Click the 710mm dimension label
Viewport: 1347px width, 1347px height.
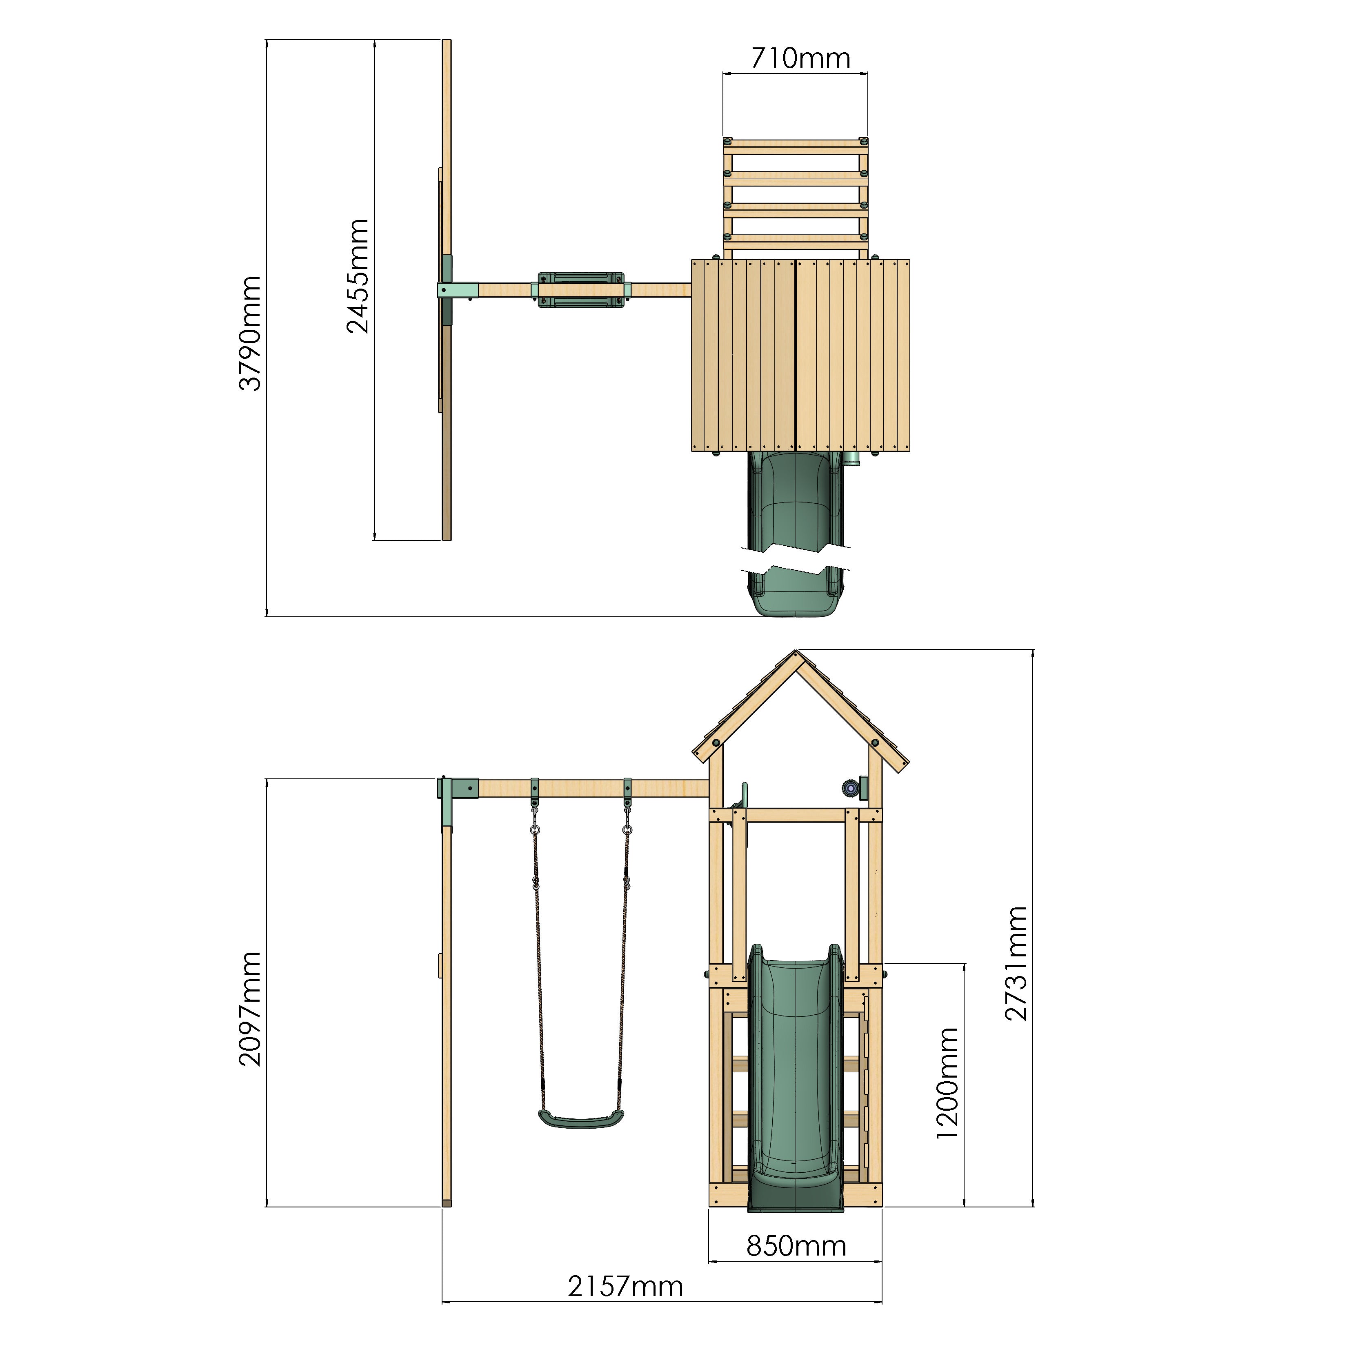pyautogui.click(x=800, y=58)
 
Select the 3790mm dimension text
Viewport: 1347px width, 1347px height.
pyautogui.click(x=249, y=333)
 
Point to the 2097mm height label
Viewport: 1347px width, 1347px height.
pyautogui.click(x=249, y=1009)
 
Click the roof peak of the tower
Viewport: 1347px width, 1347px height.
pyautogui.click(x=797, y=654)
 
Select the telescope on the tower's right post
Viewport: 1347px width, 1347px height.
pyautogui.click(x=851, y=789)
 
